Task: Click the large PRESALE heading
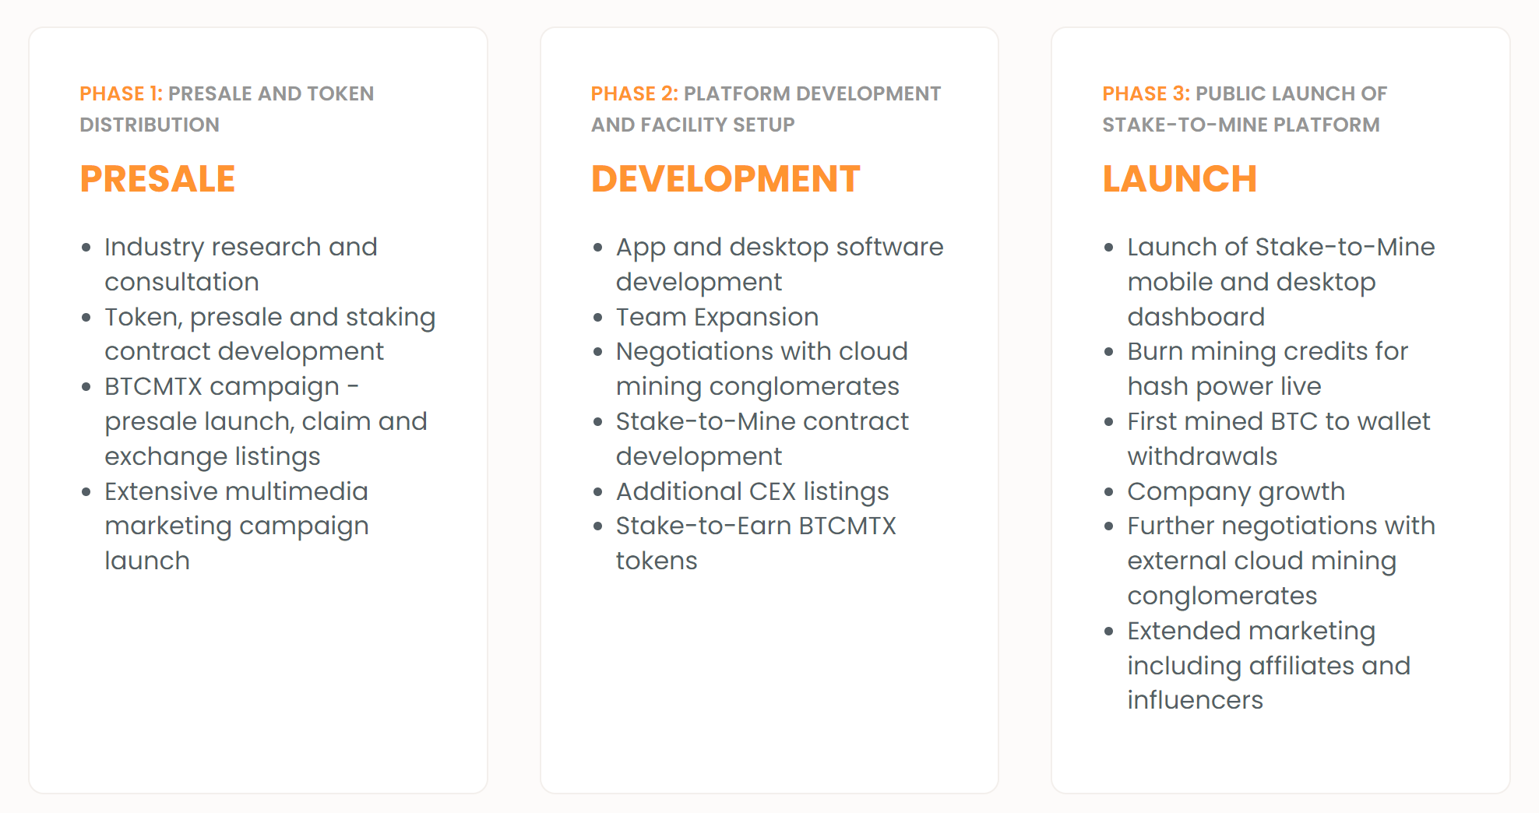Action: point(157,179)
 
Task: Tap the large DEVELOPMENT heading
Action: point(725,179)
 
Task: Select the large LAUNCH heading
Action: point(1179,179)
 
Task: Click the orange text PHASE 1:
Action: point(121,93)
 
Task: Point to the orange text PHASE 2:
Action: point(635,93)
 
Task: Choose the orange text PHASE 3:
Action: point(1146,93)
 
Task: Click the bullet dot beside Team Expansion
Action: point(598,318)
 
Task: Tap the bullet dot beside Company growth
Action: point(1109,492)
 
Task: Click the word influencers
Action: point(1196,700)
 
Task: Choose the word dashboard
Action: point(1196,317)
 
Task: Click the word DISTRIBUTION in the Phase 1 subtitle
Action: point(150,125)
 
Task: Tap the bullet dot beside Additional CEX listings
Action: point(598,492)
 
